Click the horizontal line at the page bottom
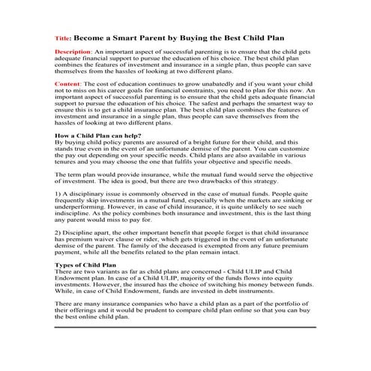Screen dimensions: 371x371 tap(186, 327)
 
